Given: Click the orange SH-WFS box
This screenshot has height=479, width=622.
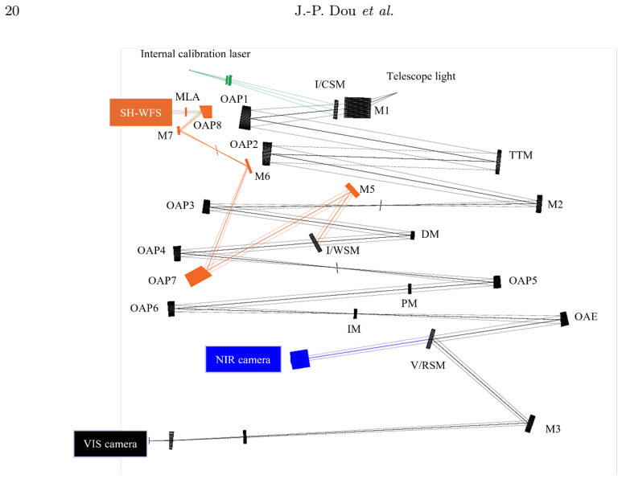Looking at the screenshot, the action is click(141, 113).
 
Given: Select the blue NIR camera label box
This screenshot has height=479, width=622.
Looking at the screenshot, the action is click(243, 359).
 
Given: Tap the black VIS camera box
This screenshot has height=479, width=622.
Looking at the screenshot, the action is click(110, 444).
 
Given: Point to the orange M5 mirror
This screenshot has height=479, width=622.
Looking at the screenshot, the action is click(352, 190).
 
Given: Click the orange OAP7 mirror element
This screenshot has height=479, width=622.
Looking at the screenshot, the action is click(198, 276).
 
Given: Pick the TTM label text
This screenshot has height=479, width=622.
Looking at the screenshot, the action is click(521, 155).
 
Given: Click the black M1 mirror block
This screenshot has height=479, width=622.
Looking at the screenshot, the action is click(357, 108).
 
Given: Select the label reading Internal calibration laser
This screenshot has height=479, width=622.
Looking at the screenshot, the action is click(196, 54).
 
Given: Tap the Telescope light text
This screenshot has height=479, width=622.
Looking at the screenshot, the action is click(422, 76).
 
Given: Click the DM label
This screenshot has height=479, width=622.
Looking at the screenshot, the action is click(430, 234).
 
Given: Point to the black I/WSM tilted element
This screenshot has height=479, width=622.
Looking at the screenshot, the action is click(315, 243).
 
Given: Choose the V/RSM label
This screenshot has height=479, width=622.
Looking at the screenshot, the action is click(428, 365).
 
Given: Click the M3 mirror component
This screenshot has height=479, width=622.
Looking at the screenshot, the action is click(530, 424).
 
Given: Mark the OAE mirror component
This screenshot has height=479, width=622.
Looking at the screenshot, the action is click(564, 319).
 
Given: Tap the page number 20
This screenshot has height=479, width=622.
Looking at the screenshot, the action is click(12, 10).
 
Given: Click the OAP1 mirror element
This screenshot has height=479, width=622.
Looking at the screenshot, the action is click(245, 117).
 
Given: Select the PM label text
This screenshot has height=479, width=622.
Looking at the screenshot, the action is click(410, 304).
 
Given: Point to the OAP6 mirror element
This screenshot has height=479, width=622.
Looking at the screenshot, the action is click(171, 309).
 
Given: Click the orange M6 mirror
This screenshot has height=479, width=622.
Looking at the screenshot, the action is click(249, 166).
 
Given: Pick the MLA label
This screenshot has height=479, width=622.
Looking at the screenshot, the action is click(187, 96).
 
